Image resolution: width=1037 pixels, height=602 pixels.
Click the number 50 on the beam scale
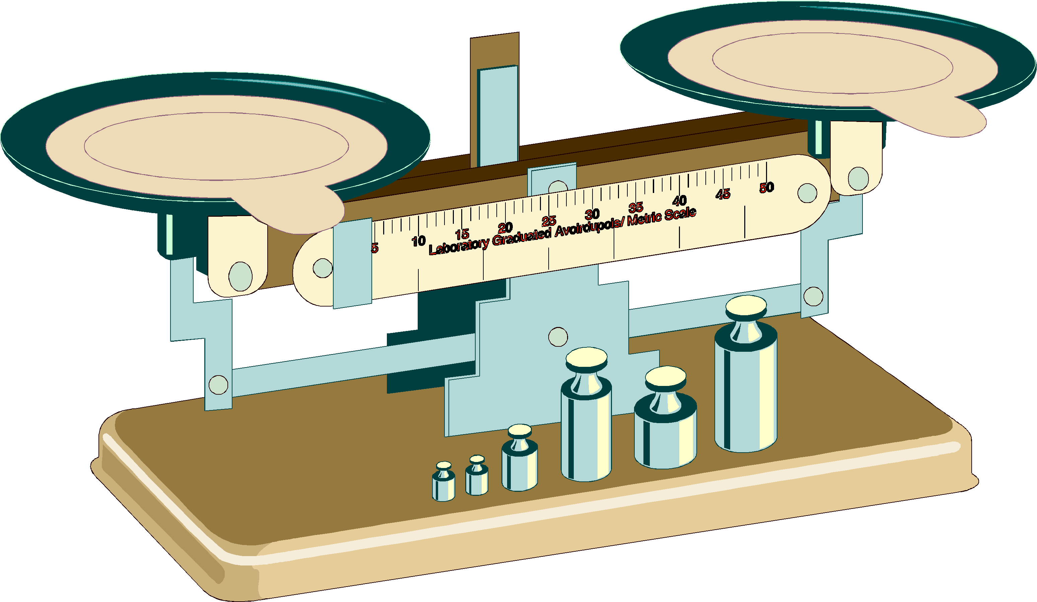(x=767, y=188)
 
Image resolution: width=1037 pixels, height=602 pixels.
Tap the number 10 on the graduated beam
(x=418, y=241)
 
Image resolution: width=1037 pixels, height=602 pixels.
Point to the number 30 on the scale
(x=592, y=214)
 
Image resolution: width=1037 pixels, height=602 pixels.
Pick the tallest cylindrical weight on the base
(x=746, y=374)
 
